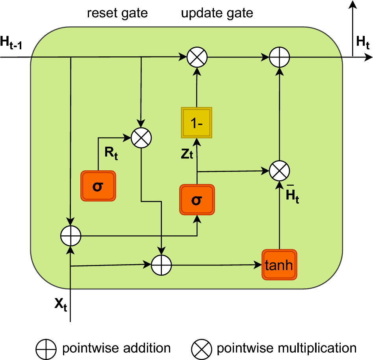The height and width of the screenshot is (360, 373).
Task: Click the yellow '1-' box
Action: (x=197, y=123)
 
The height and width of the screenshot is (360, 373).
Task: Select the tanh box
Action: (x=279, y=265)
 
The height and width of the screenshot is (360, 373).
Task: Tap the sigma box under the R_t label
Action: (x=98, y=186)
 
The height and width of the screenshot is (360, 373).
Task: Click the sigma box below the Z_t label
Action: (x=197, y=200)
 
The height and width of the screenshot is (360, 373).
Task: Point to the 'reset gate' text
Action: (x=117, y=13)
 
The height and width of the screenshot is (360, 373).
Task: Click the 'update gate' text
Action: (x=217, y=13)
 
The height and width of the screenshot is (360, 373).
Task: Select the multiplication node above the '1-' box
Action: (x=197, y=58)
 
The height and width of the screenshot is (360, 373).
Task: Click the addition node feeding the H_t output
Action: (x=279, y=58)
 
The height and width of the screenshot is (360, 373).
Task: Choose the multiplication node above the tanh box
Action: (x=279, y=171)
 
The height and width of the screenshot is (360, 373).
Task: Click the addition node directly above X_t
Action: (x=71, y=236)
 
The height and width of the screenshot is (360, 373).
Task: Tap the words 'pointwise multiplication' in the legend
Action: (x=286, y=348)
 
